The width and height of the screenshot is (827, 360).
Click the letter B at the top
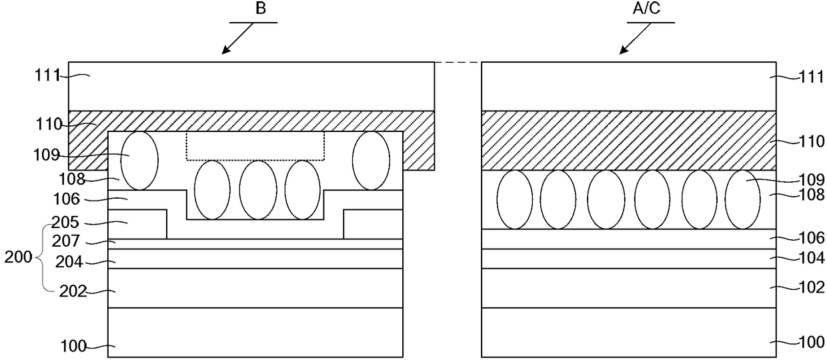(x=261, y=9)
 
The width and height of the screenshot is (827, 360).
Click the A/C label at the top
(x=646, y=8)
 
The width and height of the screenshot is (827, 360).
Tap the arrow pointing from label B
(x=237, y=39)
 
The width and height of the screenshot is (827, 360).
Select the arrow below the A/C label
(x=635, y=39)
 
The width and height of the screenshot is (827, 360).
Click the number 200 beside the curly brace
(x=19, y=257)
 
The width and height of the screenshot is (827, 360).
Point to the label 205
(x=65, y=222)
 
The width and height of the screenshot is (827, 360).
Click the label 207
(x=66, y=241)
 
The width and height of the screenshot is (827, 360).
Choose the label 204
(x=69, y=262)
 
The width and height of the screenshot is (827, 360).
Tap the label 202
(x=73, y=292)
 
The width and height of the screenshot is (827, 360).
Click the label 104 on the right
(x=811, y=258)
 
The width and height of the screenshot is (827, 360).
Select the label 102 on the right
(x=811, y=287)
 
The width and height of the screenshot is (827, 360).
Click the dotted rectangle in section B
(x=255, y=160)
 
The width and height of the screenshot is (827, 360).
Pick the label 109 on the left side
(x=47, y=155)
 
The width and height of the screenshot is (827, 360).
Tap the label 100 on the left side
(x=73, y=347)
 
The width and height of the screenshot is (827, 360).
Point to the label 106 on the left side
(x=67, y=199)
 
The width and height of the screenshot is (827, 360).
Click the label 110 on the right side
(x=811, y=141)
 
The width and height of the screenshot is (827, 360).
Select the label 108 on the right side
(x=811, y=194)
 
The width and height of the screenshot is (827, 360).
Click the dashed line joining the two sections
(x=458, y=63)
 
